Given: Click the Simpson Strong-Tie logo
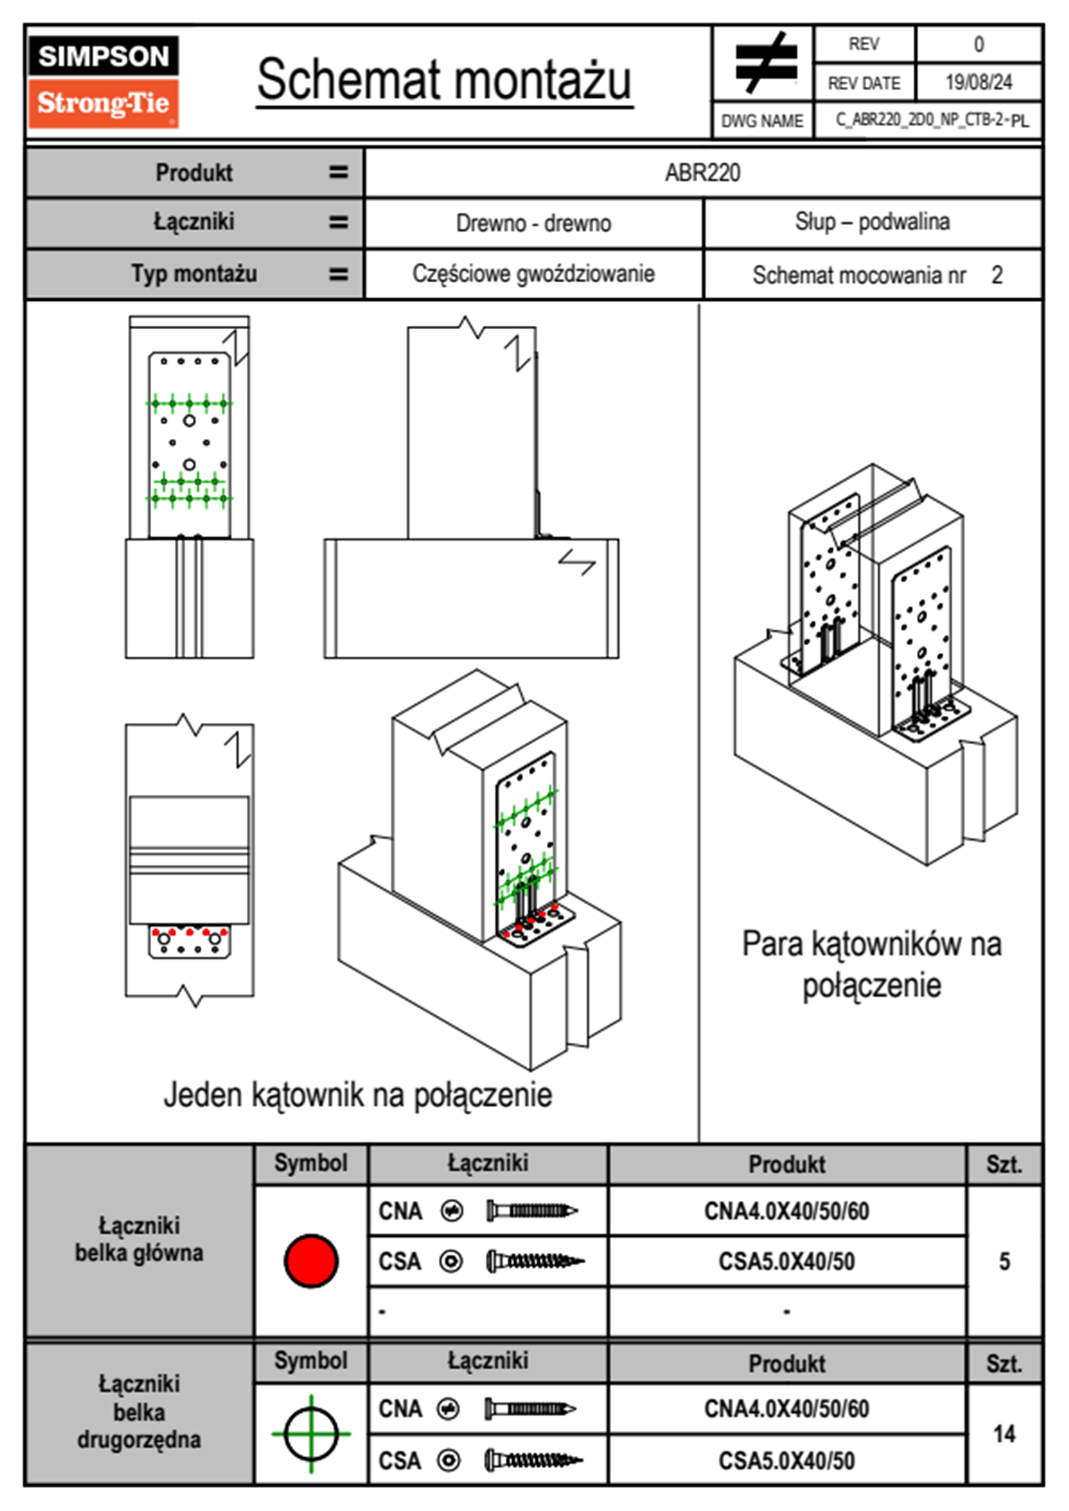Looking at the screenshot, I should tap(103, 82).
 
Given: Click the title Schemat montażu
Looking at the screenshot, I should tap(445, 79).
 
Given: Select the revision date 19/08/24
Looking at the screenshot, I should tap(978, 83).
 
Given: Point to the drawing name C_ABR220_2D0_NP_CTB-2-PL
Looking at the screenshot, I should tap(931, 119).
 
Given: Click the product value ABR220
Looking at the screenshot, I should tap(702, 172).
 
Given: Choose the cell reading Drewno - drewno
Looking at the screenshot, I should tap(534, 223).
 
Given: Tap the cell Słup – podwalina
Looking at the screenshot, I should tap(872, 222).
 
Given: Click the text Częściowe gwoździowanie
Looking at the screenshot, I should tap(534, 274).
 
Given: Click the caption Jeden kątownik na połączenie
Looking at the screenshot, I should tap(358, 1095).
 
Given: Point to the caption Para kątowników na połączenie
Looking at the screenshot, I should tap(871, 965).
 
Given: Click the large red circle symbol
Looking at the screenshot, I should tap(311, 1260).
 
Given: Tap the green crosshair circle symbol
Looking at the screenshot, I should tap(311, 1433).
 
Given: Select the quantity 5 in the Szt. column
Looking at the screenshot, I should tap(1004, 1261).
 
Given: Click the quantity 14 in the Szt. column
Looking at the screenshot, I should tap(1004, 1434).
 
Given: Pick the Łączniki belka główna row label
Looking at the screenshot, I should tap(139, 1240).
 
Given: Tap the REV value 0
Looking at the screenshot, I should tap(978, 44).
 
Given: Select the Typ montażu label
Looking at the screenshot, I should tap(194, 274).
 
